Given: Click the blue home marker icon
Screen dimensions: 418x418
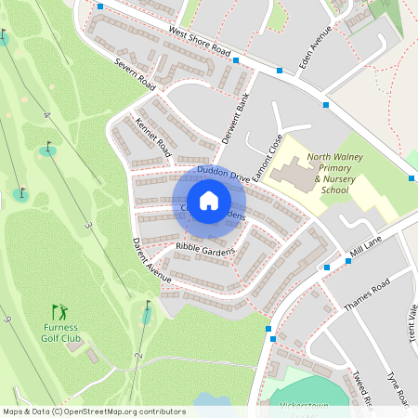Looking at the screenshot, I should (x=209, y=201).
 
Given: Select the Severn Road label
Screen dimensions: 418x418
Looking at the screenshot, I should (x=135, y=76).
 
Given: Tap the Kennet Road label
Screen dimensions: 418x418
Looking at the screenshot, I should (x=153, y=136).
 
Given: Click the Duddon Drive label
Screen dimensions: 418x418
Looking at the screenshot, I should (x=223, y=176).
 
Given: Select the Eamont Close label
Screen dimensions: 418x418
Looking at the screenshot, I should (x=271, y=155).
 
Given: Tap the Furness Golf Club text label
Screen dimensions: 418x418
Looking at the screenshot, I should (x=60, y=333).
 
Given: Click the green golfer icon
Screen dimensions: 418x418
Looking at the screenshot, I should (x=60, y=312).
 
